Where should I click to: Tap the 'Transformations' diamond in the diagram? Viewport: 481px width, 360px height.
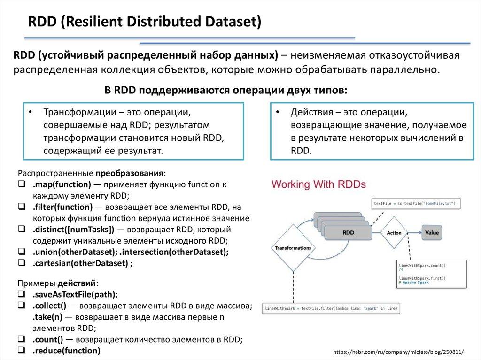293,247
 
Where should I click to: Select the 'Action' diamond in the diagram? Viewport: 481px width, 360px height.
394,232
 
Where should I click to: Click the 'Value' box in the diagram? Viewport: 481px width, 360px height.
431,232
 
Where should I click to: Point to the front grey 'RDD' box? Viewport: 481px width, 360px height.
348,232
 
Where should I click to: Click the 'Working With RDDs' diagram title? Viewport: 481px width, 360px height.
318,184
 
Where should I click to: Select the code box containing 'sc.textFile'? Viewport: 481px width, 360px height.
416,203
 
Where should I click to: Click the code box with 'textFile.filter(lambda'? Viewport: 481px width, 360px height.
331,308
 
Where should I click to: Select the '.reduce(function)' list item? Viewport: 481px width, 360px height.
66,351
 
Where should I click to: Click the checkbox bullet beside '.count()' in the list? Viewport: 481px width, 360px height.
22,339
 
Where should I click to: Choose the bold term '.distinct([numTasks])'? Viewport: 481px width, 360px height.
73,230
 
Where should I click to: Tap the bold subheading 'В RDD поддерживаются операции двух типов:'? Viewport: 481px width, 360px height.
225,90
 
